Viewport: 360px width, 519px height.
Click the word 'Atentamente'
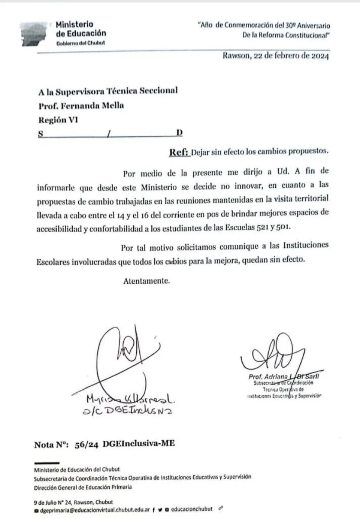[146, 280]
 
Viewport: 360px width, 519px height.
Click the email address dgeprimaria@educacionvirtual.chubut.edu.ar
[94, 509]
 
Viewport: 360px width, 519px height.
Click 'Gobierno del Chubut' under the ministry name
[80, 42]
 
